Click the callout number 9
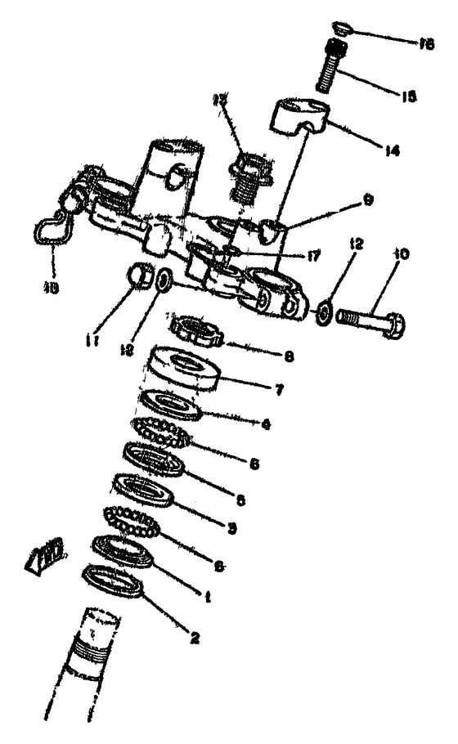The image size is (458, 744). point(346,197)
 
